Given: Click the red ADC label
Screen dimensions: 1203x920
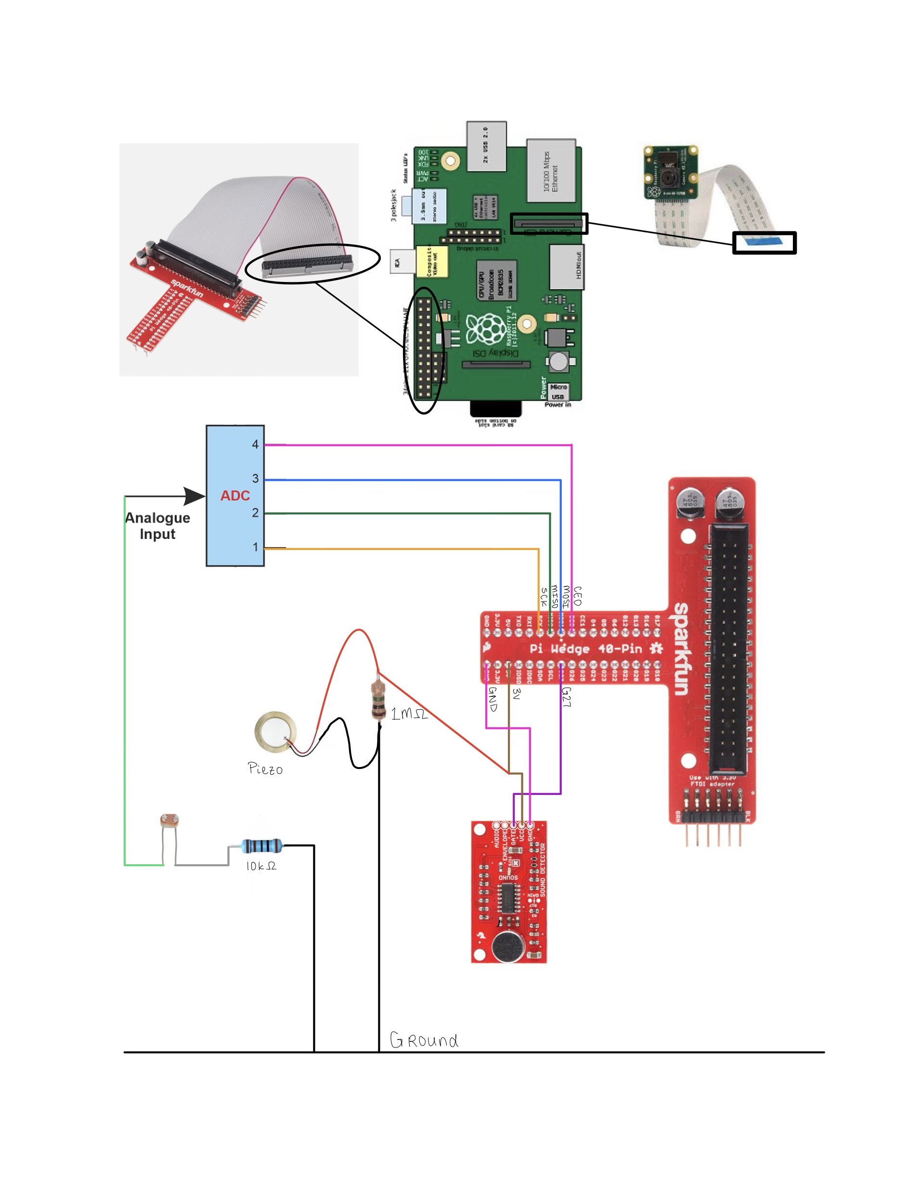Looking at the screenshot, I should pos(235,496).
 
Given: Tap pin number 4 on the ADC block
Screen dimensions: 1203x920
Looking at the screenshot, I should pos(255,445).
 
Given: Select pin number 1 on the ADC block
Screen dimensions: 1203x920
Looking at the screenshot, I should pos(255,547).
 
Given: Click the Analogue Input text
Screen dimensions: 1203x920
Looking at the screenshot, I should pos(158,526).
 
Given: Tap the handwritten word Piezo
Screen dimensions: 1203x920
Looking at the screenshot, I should pos(265,769).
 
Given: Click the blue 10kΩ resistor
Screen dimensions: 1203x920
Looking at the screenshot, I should pos(262,845).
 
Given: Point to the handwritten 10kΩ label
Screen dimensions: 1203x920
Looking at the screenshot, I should pos(260,866).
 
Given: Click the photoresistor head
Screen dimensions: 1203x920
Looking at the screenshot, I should pos(169,820).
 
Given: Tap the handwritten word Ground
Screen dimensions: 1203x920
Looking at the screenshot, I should pos(424,1040).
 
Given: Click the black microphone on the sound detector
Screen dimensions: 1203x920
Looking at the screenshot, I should pos(508,947).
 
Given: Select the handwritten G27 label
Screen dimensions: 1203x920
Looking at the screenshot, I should pos(567,697).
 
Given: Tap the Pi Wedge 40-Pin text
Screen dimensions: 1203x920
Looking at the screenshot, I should pos(585,649).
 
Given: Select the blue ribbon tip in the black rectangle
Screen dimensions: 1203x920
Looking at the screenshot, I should pos(764,240).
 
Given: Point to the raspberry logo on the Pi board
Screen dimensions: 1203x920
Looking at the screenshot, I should pos(485,329).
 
